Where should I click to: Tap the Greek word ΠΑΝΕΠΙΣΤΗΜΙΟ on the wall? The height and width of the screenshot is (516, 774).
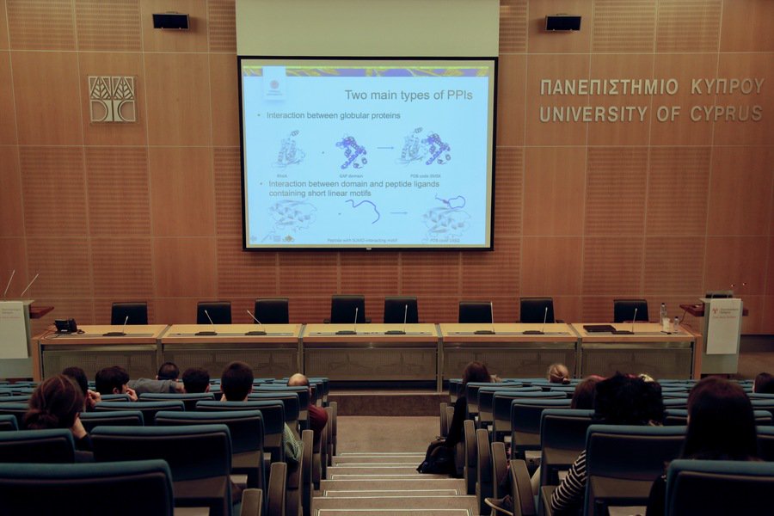click(609, 87)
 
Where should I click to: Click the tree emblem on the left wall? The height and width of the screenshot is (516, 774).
click(112, 98)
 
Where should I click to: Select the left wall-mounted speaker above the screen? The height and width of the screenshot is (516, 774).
click(170, 21)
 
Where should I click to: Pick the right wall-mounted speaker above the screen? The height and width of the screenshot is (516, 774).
click(563, 23)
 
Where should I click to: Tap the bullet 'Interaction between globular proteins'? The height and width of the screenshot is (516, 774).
click(333, 115)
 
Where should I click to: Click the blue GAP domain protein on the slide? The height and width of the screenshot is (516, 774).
click(352, 150)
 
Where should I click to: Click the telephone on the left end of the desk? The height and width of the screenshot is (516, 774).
click(65, 326)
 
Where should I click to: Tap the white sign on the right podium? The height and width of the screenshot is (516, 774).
click(723, 326)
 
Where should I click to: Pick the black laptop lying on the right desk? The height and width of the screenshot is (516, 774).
click(599, 329)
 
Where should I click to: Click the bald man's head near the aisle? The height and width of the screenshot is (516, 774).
click(298, 379)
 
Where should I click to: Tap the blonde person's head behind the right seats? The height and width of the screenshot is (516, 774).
click(559, 373)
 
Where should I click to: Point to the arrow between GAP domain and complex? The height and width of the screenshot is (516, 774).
click(385, 148)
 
